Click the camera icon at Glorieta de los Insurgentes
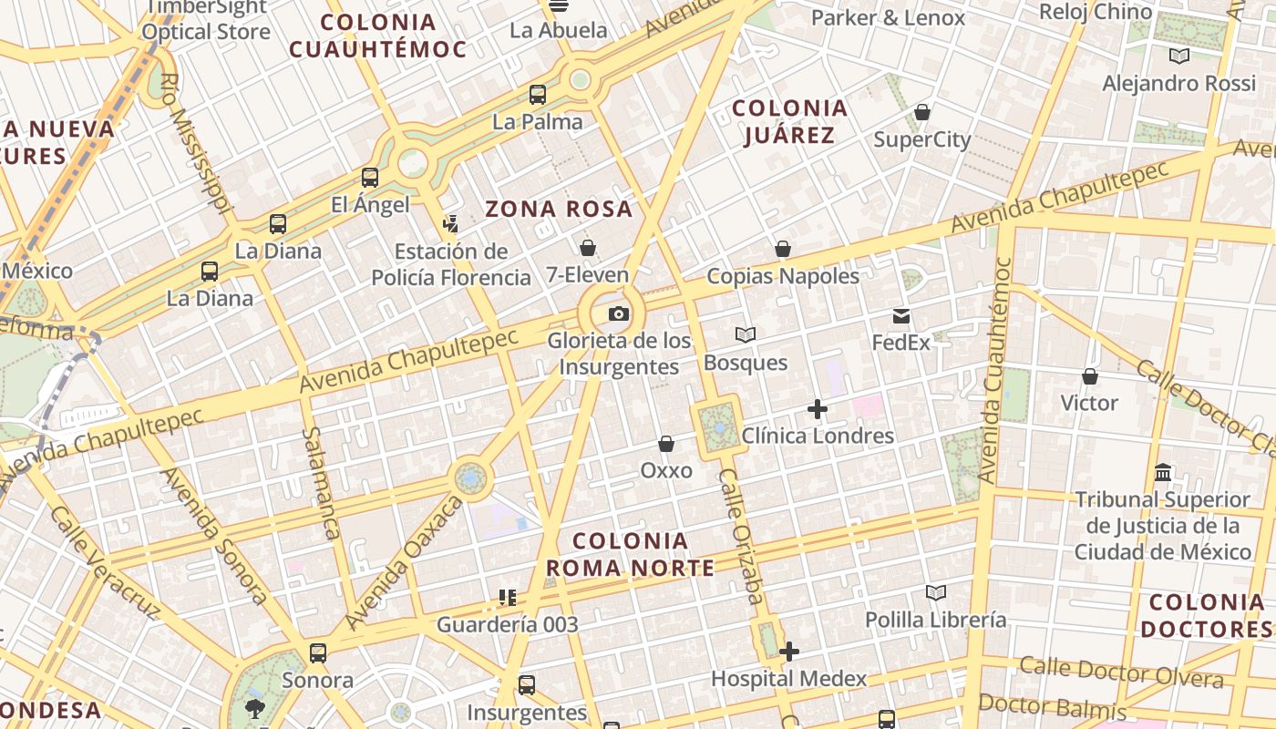[619, 314]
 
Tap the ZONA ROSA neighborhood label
[558, 210]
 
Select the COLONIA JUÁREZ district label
[789, 122]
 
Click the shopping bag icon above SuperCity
[922, 112]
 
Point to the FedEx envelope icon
[901, 316]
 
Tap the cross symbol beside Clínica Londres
[818, 409]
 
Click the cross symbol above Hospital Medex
[789, 652]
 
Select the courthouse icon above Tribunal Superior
[1163, 473]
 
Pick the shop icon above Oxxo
[666, 444]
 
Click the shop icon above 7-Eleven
[588, 247]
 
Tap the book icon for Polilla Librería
[935, 593]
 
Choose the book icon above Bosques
[746, 335]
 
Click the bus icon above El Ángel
[370, 178]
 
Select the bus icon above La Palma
[538, 94]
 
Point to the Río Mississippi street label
[192, 142]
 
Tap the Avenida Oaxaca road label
[405, 561]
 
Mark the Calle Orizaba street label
[741, 537]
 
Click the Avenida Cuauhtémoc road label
[996, 370]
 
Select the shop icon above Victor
[1089, 376]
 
